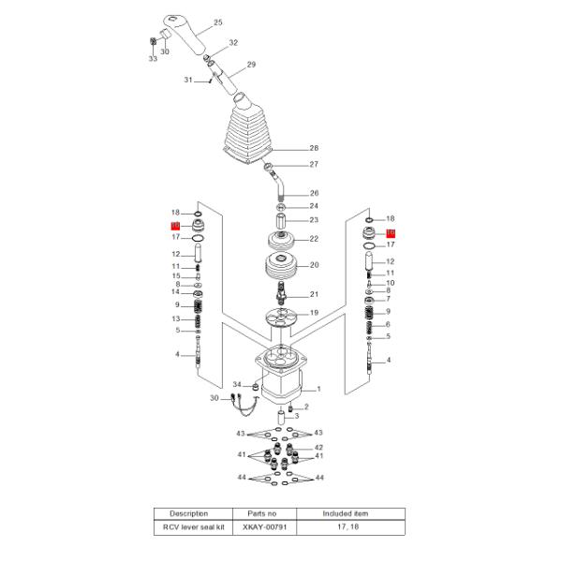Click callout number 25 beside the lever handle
point(218,22)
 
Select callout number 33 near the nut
point(152,59)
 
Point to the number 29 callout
point(250,65)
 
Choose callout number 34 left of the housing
point(237,385)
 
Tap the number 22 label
point(314,239)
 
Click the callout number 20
point(314,265)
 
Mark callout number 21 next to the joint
point(314,294)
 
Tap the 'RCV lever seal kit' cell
point(188,528)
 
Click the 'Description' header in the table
point(188,513)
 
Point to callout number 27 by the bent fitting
point(314,165)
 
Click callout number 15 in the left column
point(175,276)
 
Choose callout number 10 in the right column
point(390,283)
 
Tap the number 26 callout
point(314,193)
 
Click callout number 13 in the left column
point(175,319)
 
